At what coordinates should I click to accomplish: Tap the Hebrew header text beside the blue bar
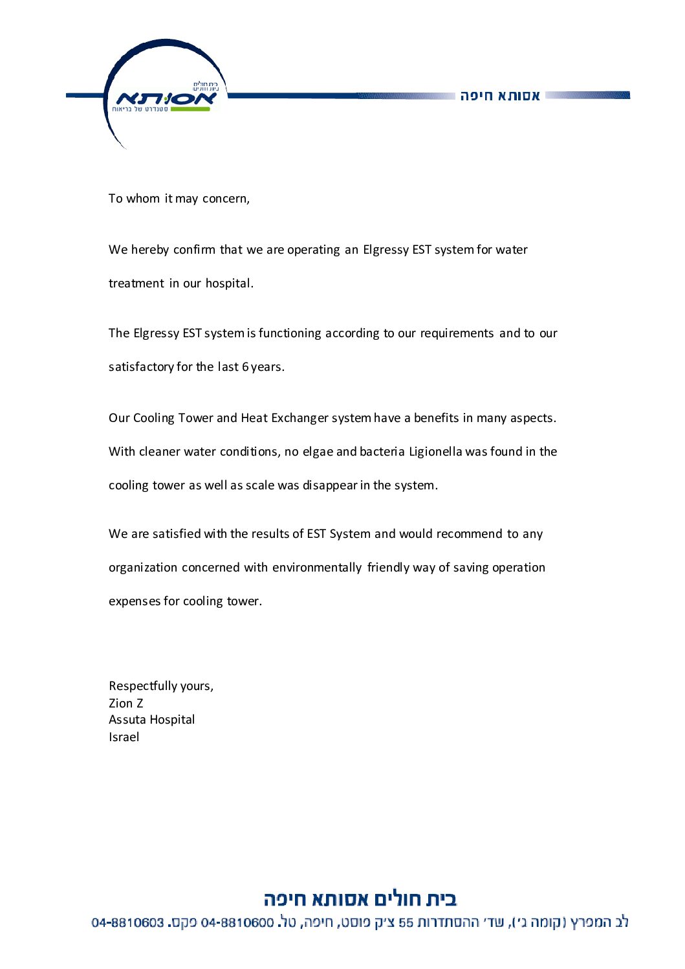click(x=500, y=96)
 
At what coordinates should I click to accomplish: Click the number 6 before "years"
click(x=245, y=367)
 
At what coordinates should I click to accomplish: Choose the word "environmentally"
click(x=317, y=568)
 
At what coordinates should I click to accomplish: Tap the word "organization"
click(x=143, y=568)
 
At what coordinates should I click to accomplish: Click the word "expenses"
click(x=135, y=601)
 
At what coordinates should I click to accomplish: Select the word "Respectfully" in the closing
click(x=142, y=686)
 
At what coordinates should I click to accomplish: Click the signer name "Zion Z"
click(x=126, y=704)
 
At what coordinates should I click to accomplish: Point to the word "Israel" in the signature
click(x=124, y=737)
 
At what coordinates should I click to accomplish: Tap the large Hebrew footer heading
click(x=360, y=899)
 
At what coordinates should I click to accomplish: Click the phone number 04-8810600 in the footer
click(x=237, y=922)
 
